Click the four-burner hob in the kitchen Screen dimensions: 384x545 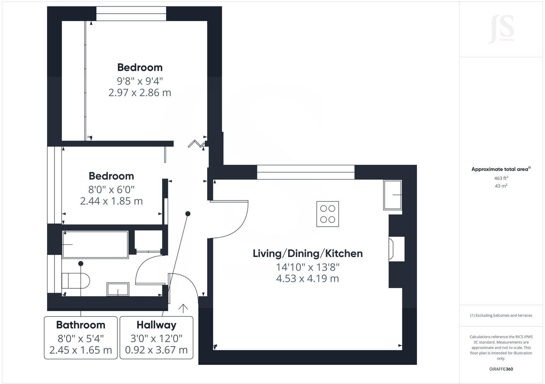(328, 214)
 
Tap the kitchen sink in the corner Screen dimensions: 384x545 (392, 195)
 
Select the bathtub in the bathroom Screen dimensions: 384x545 (95, 244)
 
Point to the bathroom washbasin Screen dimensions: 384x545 (118, 289)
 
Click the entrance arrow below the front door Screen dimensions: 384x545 (183, 308)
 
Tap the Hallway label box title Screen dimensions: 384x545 (156, 325)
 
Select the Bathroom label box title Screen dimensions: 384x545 (81, 325)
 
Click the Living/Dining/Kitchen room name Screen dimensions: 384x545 (308, 253)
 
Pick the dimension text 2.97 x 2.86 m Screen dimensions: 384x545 (140, 93)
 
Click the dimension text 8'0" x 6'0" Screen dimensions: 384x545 (111, 189)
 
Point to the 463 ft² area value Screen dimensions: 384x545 (501, 178)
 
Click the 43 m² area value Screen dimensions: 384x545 (501, 186)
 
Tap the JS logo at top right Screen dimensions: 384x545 (501, 30)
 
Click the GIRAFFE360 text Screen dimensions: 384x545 (501, 369)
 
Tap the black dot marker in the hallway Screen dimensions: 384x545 (188, 214)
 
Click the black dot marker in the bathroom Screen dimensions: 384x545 (81, 263)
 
